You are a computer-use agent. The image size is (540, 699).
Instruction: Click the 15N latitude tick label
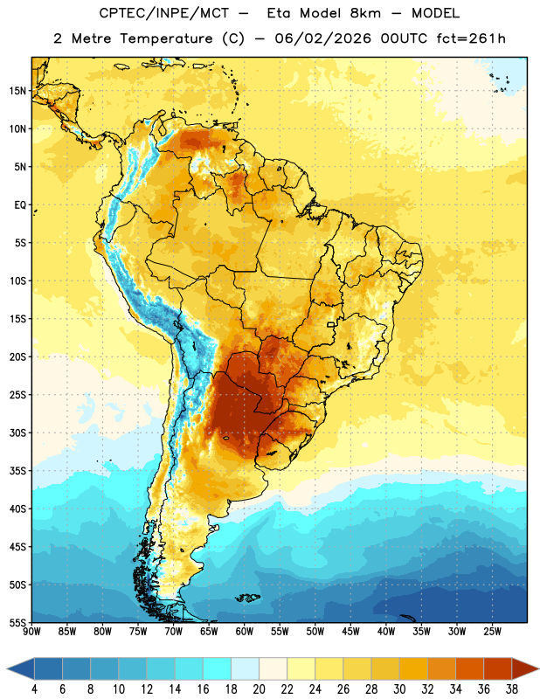[17, 91]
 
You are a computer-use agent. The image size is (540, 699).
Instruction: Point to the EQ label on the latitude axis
[20, 205]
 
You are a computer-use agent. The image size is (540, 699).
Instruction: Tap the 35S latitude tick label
[17, 471]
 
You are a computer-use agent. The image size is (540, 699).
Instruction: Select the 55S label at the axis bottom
[17, 622]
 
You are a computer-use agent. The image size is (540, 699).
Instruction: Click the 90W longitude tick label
[31, 632]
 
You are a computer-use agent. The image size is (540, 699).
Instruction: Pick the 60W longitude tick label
[245, 632]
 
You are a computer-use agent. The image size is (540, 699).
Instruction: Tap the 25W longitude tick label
[492, 632]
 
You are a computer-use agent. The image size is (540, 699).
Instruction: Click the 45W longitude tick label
[350, 632]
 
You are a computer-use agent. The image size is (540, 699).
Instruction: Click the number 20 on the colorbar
[259, 689]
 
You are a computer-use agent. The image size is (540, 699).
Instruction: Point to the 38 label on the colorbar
[512, 689]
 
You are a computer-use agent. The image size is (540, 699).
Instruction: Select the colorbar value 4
[34, 689]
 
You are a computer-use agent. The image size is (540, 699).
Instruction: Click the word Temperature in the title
[166, 38]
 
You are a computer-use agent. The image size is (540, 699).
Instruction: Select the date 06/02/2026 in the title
[322, 38]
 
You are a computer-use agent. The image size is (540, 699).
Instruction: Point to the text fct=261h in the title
[471, 38]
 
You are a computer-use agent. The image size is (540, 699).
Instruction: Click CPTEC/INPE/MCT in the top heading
[163, 13]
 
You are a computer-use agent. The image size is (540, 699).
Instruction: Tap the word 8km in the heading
[365, 13]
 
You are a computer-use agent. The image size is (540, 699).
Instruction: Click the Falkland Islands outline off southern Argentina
[248, 598]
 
